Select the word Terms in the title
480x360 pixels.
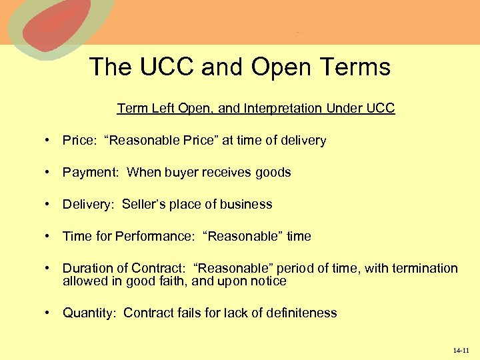coord(353,67)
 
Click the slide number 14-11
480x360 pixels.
coord(461,350)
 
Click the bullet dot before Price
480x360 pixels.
coord(49,141)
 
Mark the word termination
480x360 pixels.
coord(425,269)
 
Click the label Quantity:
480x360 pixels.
coord(91,313)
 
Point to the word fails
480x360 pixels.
coord(187,313)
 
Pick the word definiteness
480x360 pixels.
coord(303,313)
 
